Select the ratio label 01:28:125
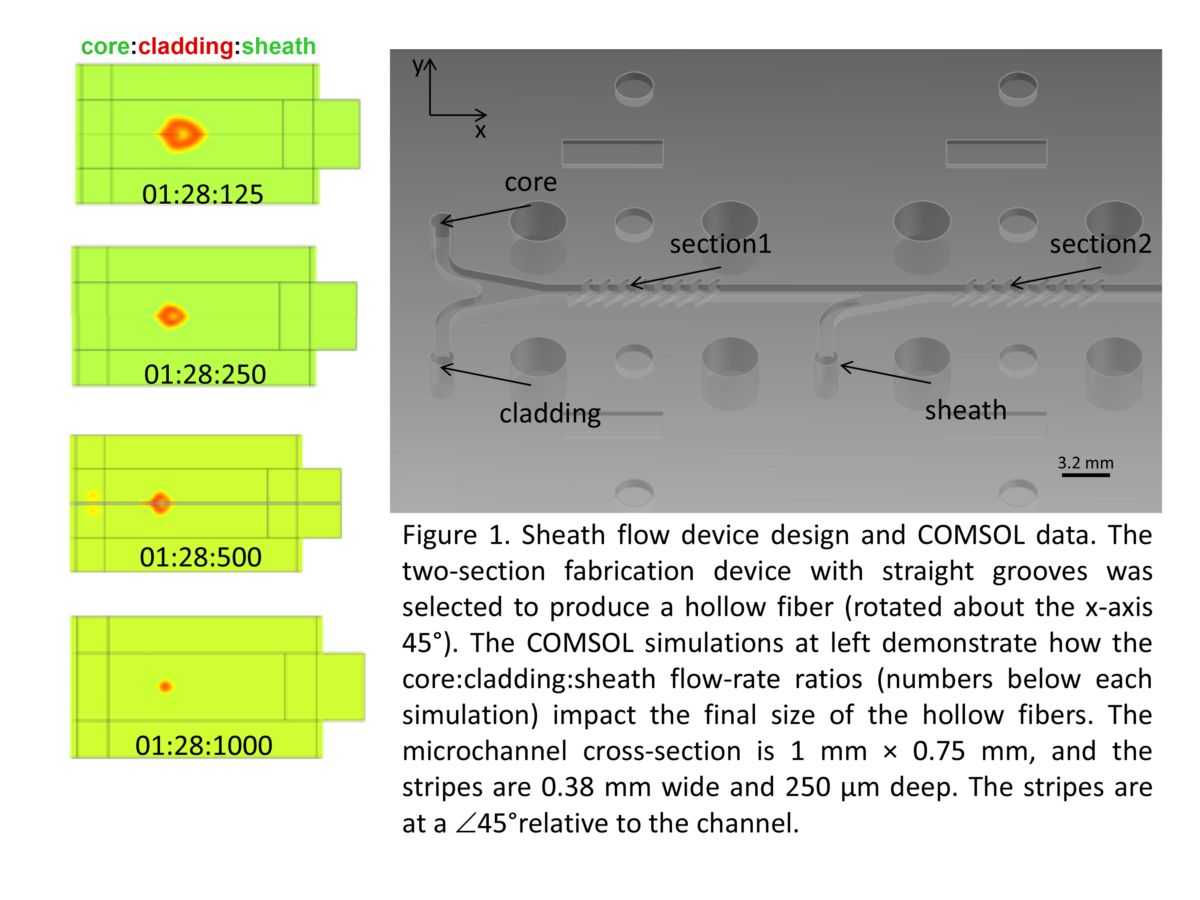tap(202, 194)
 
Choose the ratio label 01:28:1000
tap(204, 745)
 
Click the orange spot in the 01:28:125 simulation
tap(181, 134)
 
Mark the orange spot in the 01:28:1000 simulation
tap(166, 687)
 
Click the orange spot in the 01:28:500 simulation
tap(160, 503)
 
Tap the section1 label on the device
tap(720, 244)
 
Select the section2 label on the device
tap(1100, 244)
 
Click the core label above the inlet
tap(530, 182)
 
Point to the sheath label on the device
tap(965, 410)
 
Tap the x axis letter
tap(480, 131)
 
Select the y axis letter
tap(417, 66)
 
